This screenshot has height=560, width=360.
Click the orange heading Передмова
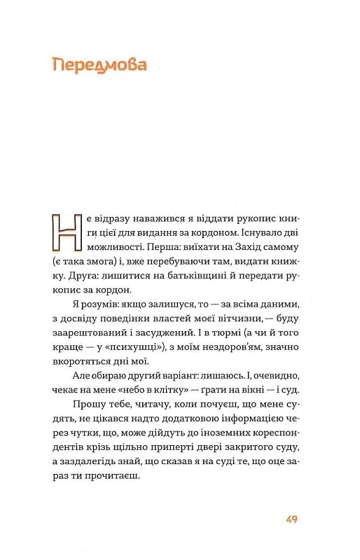pyautogui.click(x=99, y=67)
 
